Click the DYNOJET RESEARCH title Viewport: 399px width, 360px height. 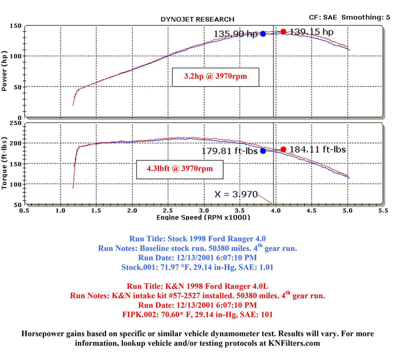click(x=197, y=19)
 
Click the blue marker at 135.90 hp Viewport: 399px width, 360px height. click(x=263, y=34)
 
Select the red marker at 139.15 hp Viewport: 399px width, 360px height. click(x=283, y=32)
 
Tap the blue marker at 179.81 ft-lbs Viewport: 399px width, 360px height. click(x=263, y=151)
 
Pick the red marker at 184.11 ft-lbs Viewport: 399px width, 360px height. click(x=283, y=150)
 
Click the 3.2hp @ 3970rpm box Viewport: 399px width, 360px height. click(x=215, y=78)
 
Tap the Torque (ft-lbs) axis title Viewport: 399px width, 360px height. click(x=5, y=164)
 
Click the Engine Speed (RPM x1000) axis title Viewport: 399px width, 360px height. click(x=203, y=218)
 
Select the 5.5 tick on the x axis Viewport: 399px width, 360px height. click(x=382, y=210)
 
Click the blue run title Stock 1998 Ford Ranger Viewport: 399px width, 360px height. click(x=197, y=239)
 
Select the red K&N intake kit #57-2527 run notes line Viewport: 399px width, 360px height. click(x=197, y=296)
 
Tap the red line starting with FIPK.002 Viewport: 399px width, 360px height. click(x=197, y=314)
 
